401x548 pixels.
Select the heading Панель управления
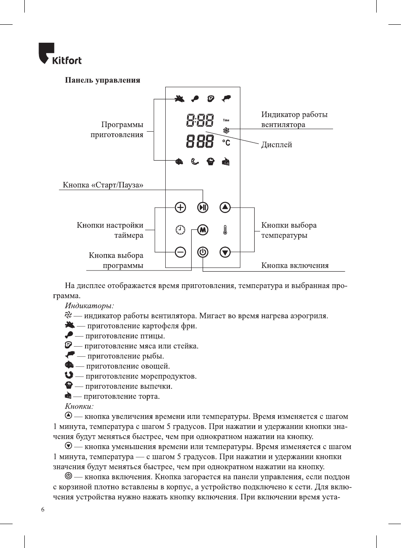[x=102, y=80]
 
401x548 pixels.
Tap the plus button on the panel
[x=180, y=207]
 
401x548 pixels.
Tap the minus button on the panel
[x=180, y=252]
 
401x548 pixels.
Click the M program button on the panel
[x=203, y=230]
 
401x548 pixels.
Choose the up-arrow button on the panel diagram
[x=225, y=207]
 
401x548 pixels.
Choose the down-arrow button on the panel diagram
[x=225, y=252]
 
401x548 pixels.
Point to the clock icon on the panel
[x=180, y=230]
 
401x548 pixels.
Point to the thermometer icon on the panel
[x=225, y=230]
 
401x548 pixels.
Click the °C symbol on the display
[x=226, y=143]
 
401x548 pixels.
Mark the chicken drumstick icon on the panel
[x=195, y=99]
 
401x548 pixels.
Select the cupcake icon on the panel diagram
[x=211, y=161]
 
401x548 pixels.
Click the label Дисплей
[x=276, y=145]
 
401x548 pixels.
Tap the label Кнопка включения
[x=295, y=265]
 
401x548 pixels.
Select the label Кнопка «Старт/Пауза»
[x=103, y=185]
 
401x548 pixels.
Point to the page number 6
[x=43, y=509]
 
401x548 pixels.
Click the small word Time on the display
[x=226, y=120]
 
